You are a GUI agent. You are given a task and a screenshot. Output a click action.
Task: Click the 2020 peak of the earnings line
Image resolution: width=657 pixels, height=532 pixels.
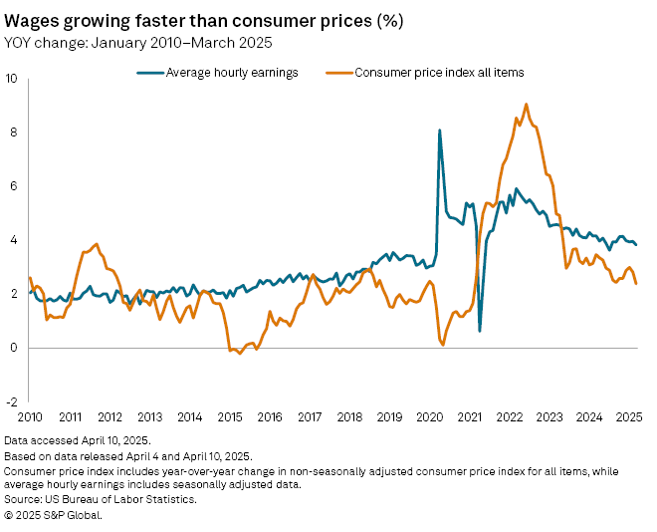(440, 131)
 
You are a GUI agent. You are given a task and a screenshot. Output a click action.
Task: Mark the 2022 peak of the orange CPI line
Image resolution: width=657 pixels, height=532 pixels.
(526, 104)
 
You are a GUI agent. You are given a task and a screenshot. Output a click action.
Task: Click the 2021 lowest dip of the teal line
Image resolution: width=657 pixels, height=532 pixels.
(480, 331)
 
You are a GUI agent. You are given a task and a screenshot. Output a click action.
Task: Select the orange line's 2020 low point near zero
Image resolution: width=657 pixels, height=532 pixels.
(442, 345)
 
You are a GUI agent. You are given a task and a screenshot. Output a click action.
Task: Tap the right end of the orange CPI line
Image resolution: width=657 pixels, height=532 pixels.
(636, 284)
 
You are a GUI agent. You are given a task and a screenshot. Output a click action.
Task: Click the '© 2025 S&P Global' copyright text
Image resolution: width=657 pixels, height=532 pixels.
(54, 515)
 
